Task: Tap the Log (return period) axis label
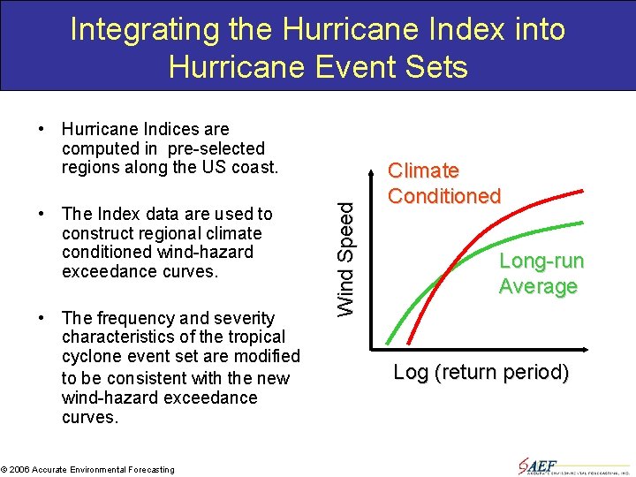[x=481, y=372]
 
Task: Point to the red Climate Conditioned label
[x=444, y=183]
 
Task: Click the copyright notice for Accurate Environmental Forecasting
[x=87, y=469]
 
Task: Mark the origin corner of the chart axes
[x=385, y=344]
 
